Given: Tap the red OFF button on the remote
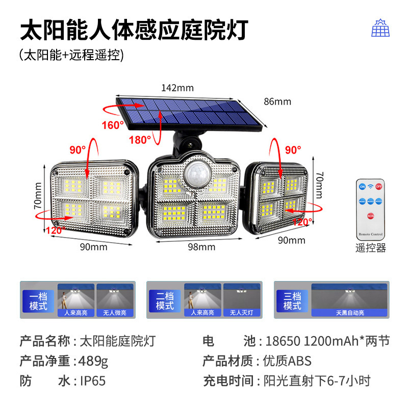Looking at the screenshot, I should [378, 187].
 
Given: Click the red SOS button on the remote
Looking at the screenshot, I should [371, 216].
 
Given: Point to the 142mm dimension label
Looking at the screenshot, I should [177, 88].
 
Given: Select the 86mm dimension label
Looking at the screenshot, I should [277, 101].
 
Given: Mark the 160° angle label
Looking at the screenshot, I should [113, 124].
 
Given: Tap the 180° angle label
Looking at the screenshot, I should [139, 139].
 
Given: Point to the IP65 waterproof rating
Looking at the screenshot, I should [92, 380].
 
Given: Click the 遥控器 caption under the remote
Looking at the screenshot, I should [371, 248].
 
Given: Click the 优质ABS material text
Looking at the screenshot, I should [287, 361].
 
